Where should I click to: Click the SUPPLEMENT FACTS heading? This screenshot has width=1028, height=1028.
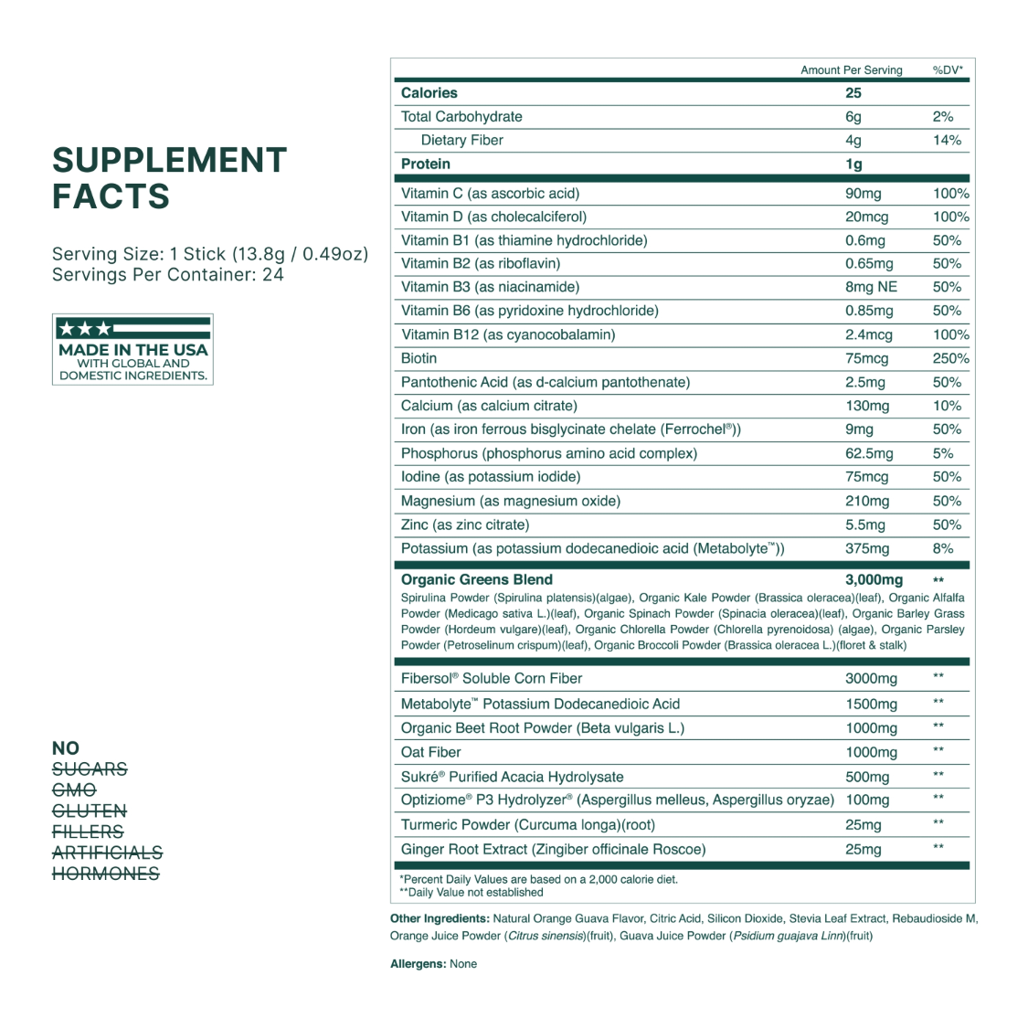(169, 178)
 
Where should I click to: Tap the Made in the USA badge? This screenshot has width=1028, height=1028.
(132, 350)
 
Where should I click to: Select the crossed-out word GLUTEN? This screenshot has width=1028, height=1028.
(90, 811)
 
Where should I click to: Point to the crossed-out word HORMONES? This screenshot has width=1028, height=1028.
(106, 874)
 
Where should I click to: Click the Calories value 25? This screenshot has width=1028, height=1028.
(853, 93)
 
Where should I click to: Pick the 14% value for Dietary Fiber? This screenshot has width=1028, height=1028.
(947, 141)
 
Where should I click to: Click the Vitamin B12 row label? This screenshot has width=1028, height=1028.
(508, 334)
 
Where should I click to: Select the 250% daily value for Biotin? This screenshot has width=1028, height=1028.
(950, 358)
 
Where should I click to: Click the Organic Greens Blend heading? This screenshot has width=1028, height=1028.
(477, 579)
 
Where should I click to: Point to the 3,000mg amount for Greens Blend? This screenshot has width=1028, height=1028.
(874, 579)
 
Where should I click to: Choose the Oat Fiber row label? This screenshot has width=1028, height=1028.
(431, 752)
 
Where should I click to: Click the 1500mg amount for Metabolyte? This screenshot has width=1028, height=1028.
(871, 704)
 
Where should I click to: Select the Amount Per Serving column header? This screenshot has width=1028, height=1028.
(851, 70)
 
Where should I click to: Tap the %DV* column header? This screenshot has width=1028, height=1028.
(948, 70)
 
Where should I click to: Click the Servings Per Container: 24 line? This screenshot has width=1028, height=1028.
(168, 275)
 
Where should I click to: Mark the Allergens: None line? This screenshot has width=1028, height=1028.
(433, 963)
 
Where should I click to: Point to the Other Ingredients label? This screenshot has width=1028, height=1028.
(439, 918)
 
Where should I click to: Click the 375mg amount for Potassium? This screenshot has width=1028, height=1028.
(867, 548)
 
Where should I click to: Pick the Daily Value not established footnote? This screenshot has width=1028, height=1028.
(472, 892)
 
